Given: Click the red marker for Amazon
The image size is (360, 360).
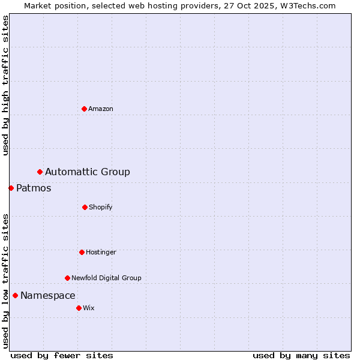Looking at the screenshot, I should click(x=84, y=109).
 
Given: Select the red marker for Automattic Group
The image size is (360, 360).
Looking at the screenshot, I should click(x=40, y=172).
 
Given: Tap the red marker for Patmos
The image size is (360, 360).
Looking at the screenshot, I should click(x=11, y=188).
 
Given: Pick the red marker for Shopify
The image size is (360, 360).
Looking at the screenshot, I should click(x=85, y=207).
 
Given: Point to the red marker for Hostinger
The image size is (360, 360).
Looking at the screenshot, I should click(x=82, y=252).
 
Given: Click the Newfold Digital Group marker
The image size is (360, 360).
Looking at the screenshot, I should click(x=67, y=278).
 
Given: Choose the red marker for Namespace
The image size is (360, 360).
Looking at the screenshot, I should click(x=15, y=295).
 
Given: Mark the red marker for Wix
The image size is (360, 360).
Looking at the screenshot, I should click(x=79, y=308).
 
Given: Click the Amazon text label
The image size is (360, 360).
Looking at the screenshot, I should click(x=101, y=109).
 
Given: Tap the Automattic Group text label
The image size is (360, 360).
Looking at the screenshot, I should click(x=88, y=172).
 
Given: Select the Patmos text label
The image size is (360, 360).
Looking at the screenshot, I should click(x=34, y=188).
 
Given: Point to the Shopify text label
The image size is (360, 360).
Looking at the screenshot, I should click(x=101, y=207).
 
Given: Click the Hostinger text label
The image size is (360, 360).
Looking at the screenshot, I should click(x=101, y=252).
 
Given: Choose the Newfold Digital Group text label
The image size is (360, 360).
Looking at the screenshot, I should click(x=106, y=278).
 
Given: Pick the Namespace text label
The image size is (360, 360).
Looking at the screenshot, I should click(x=48, y=295).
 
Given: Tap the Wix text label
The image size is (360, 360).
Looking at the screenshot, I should click(x=89, y=308).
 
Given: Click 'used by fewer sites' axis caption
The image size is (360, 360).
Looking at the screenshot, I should click(x=62, y=355).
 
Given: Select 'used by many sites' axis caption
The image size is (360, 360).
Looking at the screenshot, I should click(x=301, y=355).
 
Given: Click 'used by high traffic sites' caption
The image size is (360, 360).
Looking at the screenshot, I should click(x=5, y=85).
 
